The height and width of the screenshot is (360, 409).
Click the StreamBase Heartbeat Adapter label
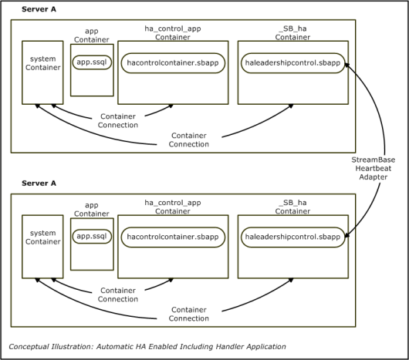click(373, 168)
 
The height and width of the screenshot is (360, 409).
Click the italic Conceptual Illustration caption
click(147, 347)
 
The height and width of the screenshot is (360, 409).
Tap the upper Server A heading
click(39, 9)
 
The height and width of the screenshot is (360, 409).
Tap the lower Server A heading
click(39, 183)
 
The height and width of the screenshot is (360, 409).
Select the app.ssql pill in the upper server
click(92, 62)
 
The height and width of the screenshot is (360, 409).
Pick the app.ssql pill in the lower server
click(92, 236)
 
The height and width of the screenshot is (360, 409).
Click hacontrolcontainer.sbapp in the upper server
click(173, 63)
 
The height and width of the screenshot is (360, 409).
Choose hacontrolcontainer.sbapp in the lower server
click(173, 237)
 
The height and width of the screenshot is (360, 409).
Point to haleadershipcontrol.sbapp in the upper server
click(292, 63)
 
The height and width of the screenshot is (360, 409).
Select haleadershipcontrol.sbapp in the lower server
click(292, 237)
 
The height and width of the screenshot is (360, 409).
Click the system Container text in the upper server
click(42, 63)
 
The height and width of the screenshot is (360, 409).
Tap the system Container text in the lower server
click(42, 237)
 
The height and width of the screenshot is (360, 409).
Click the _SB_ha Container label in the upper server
click(292, 32)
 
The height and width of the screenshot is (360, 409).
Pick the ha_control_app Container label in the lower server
click(173, 207)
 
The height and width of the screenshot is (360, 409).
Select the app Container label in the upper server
click(92, 35)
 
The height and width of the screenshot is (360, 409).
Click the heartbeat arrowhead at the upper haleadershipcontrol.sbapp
click(347, 65)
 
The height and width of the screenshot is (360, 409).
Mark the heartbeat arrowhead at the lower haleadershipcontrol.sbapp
click(347, 235)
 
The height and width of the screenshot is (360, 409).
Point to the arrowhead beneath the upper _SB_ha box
click(291, 106)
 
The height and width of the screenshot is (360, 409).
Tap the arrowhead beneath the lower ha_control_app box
click(171, 281)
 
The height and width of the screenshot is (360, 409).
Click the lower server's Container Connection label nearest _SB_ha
click(189, 314)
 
